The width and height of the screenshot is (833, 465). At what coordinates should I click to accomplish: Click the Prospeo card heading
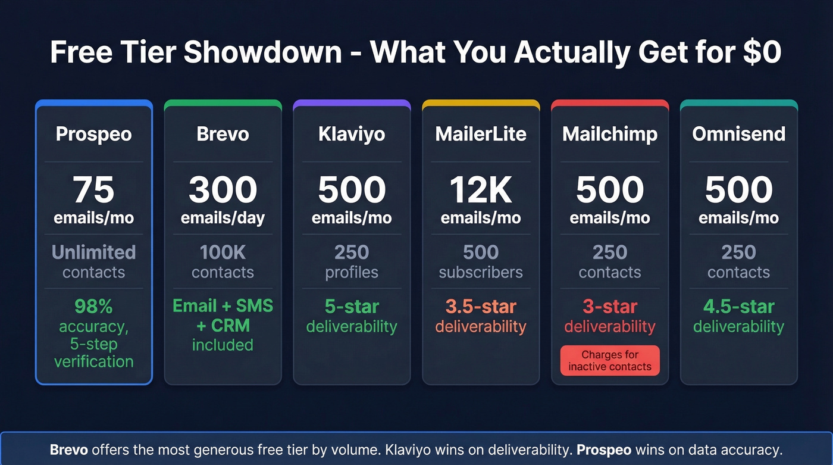pyautogui.click(x=93, y=133)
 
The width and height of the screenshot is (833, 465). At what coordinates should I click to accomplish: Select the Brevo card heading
pyautogui.click(x=223, y=133)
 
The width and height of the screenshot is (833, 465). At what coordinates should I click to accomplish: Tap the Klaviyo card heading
pyautogui.click(x=352, y=133)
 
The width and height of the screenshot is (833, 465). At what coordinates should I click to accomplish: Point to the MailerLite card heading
pyautogui.click(x=481, y=133)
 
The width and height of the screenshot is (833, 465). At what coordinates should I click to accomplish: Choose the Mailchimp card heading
pyautogui.click(x=610, y=133)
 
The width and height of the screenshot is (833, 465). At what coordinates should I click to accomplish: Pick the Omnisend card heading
pyautogui.click(x=738, y=133)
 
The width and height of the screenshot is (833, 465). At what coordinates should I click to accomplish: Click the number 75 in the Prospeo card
pyautogui.click(x=93, y=190)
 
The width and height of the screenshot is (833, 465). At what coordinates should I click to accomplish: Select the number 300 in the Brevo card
pyautogui.click(x=223, y=190)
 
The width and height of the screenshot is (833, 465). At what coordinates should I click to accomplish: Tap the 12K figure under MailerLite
pyautogui.click(x=481, y=190)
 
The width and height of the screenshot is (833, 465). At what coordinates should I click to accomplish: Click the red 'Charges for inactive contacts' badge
pyautogui.click(x=610, y=360)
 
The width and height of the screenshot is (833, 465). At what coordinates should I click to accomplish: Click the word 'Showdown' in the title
pyautogui.click(x=262, y=52)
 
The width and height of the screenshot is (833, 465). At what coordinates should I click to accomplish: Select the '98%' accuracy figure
pyautogui.click(x=93, y=306)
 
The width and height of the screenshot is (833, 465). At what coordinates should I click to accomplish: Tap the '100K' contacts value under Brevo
pyautogui.click(x=223, y=252)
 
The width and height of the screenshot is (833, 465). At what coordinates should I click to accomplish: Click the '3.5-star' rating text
pyautogui.click(x=481, y=307)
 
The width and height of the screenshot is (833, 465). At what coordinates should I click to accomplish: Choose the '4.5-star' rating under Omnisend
pyautogui.click(x=738, y=307)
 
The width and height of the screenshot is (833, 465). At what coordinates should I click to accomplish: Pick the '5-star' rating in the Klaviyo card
pyautogui.click(x=352, y=307)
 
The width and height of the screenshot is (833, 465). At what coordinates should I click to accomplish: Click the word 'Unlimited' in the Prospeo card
pyautogui.click(x=93, y=252)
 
